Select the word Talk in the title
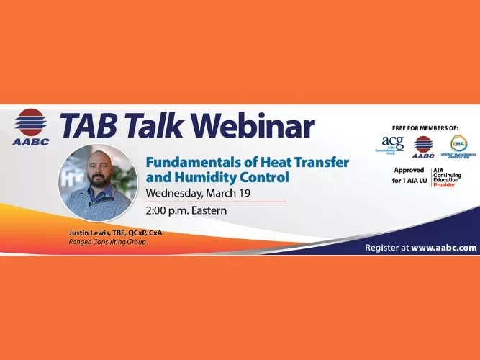155,126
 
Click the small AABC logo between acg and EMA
423,146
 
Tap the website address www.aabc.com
444,247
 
